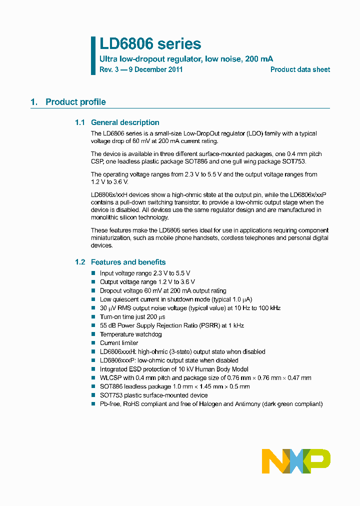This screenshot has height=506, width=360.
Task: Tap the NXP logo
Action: (296, 461)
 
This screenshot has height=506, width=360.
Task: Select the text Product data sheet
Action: (300, 69)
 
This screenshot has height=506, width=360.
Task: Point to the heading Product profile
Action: (75, 102)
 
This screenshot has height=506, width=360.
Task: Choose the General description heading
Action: (125, 122)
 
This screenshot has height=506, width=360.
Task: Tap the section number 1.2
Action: (80, 262)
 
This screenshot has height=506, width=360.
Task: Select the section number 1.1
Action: (80, 122)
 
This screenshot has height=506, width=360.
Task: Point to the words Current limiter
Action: (119, 343)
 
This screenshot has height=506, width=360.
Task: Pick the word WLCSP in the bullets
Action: (110, 378)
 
